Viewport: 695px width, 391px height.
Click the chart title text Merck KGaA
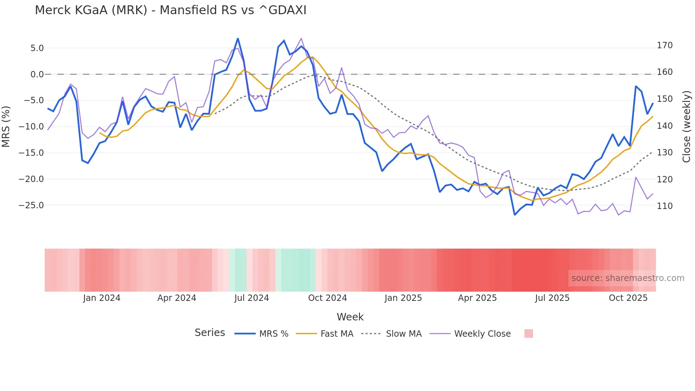170,10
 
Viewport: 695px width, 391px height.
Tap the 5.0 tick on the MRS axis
37,48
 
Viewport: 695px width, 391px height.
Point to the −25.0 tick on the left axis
31,205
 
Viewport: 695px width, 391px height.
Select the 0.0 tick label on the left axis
37,75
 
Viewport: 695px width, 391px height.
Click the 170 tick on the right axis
665,45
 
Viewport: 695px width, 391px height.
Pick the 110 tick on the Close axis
665,206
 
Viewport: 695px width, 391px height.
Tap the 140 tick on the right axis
665,126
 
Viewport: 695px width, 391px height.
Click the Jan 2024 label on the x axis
102,298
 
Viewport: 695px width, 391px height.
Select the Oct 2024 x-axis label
327,298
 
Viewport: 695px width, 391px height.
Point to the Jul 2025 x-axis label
552,298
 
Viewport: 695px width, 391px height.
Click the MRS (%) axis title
6,126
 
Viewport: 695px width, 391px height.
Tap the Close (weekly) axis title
686,126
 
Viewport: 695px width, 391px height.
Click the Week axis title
350,317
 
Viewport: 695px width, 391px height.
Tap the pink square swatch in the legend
528,334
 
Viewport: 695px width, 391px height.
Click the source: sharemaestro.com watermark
628,278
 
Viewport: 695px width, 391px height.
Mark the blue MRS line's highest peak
238,38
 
